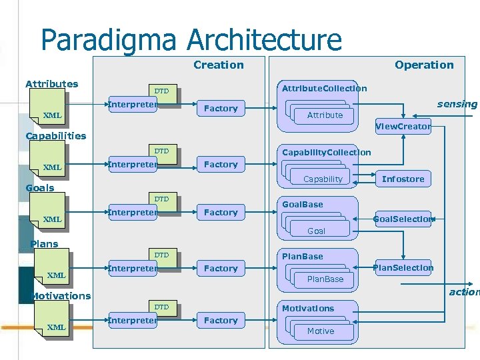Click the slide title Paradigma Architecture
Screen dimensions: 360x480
coord(191,39)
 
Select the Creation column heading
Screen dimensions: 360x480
coord(218,65)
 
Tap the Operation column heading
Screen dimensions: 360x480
coord(423,65)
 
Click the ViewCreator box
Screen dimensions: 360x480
coord(403,126)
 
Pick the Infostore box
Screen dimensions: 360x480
coord(403,179)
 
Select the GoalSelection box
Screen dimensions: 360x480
coord(403,219)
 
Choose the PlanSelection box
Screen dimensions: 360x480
coord(403,268)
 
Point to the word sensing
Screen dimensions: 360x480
coord(457,104)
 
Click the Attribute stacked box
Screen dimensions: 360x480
coord(325,115)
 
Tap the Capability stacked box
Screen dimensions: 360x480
coord(323,179)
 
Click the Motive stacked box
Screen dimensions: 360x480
coord(321,331)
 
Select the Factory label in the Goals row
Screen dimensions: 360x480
coord(221,213)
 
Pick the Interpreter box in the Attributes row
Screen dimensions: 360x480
coord(133,105)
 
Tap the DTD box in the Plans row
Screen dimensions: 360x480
coord(162,255)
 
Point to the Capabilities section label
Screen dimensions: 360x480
coord(55,136)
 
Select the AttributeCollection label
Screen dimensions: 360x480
coord(324,88)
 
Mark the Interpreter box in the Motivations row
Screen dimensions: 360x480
coord(133,321)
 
